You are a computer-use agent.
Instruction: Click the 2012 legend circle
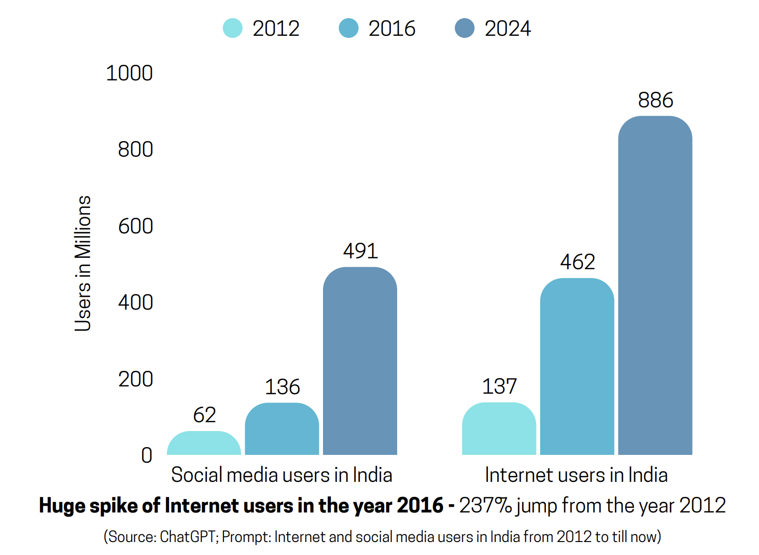point(232,28)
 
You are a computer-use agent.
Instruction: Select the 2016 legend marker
point(348,28)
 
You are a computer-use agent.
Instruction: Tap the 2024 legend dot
point(465,28)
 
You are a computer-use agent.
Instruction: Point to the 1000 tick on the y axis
point(129,73)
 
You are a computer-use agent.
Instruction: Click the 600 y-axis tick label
point(135,226)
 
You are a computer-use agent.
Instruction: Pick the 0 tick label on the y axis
point(147,455)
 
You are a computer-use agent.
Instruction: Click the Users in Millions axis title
point(83,263)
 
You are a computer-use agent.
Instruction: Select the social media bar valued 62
point(204,443)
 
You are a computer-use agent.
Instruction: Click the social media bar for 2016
point(282,429)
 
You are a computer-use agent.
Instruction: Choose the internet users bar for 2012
point(499,429)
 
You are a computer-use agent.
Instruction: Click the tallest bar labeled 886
point(655,285)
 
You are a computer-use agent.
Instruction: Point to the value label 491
point(360,251)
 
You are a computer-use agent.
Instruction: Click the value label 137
point(499,386)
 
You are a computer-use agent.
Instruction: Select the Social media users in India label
point(282,475)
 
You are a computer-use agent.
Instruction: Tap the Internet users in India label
point(576,475)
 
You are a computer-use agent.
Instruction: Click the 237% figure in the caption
point(485,505)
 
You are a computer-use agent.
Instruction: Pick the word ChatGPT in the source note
point(188,536)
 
